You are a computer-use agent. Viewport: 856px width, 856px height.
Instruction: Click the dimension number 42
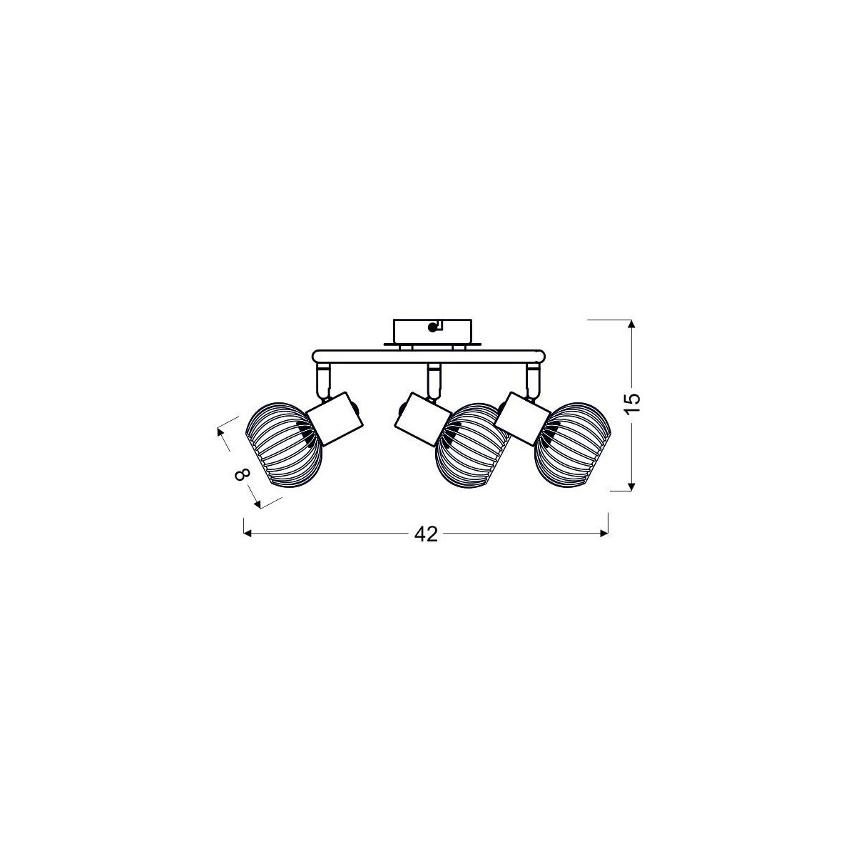click(x=426, y=534)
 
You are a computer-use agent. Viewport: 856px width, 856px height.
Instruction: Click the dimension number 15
click(x=633, y=404)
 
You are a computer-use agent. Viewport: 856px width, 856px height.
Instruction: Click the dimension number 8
click(x=242, y=475)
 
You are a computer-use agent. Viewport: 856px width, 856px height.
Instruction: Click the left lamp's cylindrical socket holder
click(x=334, y=417)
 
